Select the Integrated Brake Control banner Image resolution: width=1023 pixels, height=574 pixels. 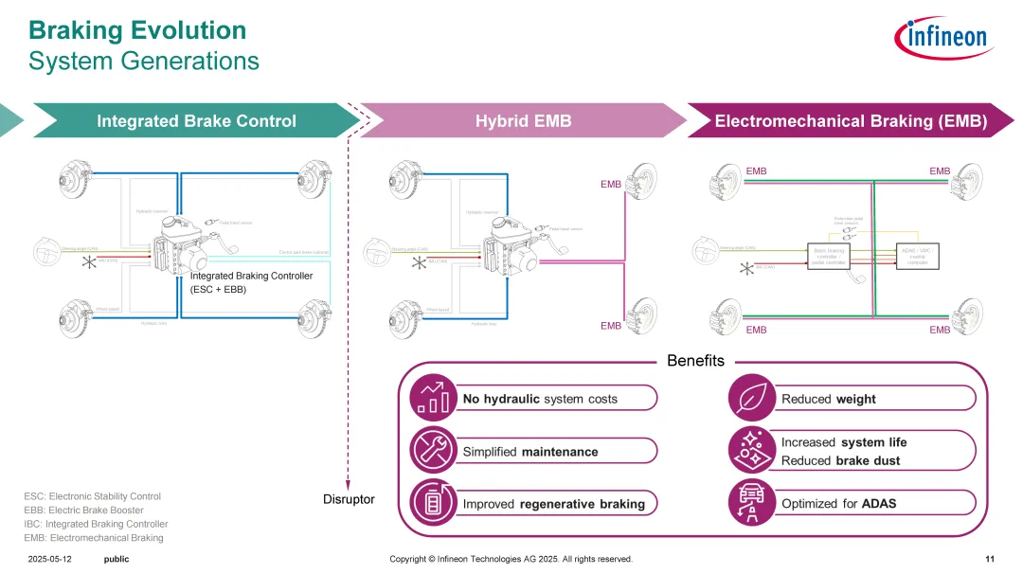(x=196, y=121)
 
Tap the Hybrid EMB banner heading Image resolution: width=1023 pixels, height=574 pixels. (x=523, y=121)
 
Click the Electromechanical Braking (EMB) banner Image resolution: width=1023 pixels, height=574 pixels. (x=851, y=121)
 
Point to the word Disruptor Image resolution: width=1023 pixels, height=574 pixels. (x=349, y=499)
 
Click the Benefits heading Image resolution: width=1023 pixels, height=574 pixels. (x=695, y=361)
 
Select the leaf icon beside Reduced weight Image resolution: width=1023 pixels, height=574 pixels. (x=750, y=398)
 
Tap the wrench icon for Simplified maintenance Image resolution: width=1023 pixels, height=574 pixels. (x=432, y=451)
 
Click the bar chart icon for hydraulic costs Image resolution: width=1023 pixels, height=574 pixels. (x=432, y=398)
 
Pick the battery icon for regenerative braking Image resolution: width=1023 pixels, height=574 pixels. (x=432, y=503)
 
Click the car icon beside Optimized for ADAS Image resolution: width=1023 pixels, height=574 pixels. (x=750, y=503)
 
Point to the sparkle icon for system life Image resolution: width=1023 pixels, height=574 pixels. (x=750, y=451)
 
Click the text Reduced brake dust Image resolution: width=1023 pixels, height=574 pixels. (x=840, y=460)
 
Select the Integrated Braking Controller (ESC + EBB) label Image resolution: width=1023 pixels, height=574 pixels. (x=251, y=282)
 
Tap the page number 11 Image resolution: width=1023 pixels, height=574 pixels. (x=990, y=560)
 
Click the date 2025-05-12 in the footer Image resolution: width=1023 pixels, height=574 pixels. (x=49, y=560)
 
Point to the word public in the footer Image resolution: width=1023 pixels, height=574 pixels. (x=117, y=560)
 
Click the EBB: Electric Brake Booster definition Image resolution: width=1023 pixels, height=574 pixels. (x=83, y=510)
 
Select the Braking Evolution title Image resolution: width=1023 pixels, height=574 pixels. (x=137, y=30)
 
